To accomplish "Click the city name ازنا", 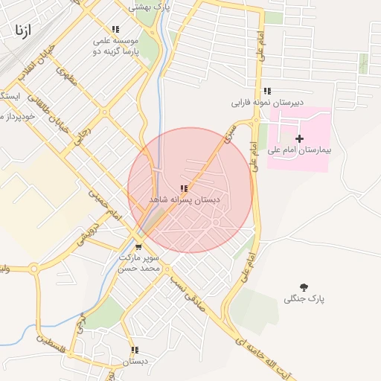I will tap(22, 31).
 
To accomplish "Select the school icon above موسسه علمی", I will tap(115, 30).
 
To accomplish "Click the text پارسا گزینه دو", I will tap(115, 52).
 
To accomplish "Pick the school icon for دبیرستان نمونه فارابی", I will tap(267, 91).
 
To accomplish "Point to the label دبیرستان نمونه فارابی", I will tap(267, 103).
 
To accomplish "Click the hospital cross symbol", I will tap(300, 138).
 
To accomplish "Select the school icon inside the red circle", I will tap(184, 189).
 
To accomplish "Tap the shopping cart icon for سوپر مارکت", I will tap(138, 246).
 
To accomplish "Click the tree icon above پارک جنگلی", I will tap(304, 286).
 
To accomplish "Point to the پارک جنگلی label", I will tap(305, 299).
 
